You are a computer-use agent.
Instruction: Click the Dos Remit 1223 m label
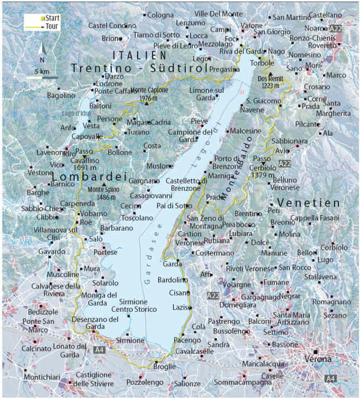click(271, 82)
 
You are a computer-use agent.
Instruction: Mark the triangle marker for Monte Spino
click(103, 185)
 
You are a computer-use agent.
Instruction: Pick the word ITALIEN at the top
click(139, 55)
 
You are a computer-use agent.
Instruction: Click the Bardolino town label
click(173, 280)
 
